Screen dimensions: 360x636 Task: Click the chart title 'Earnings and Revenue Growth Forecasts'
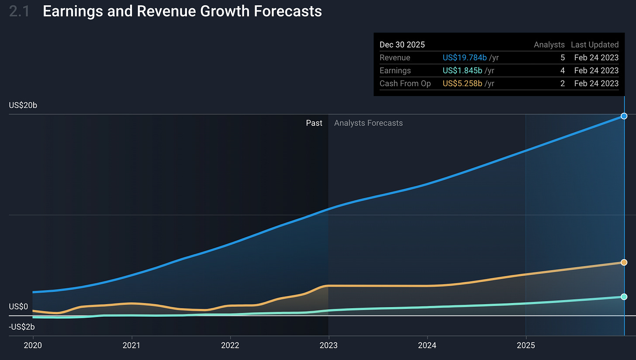click(182, 11)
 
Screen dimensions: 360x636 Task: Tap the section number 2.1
click(20, 11)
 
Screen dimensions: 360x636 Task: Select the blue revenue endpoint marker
click(624, 116)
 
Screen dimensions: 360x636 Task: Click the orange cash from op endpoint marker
click(624, 262)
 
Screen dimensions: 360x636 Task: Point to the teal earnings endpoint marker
click(624, 297)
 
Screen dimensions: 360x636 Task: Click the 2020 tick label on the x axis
click(33, 345)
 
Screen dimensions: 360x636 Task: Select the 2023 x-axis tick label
click(328, 345)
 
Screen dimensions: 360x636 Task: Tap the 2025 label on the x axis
click(525, 345)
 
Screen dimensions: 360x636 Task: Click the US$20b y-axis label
click(23, 105)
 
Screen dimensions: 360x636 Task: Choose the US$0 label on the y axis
click(18, 307)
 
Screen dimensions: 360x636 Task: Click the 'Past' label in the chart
click(314, 123)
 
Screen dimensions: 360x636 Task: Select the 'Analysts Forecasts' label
click(368, 123)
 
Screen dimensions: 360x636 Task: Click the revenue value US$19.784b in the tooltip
click(464, 58)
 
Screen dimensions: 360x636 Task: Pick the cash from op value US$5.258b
click(463, 83)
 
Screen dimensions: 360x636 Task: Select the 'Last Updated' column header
click(595, 45)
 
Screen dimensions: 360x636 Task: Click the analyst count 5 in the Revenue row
click(562, 58)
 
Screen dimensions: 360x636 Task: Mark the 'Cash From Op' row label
click(405, 83)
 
